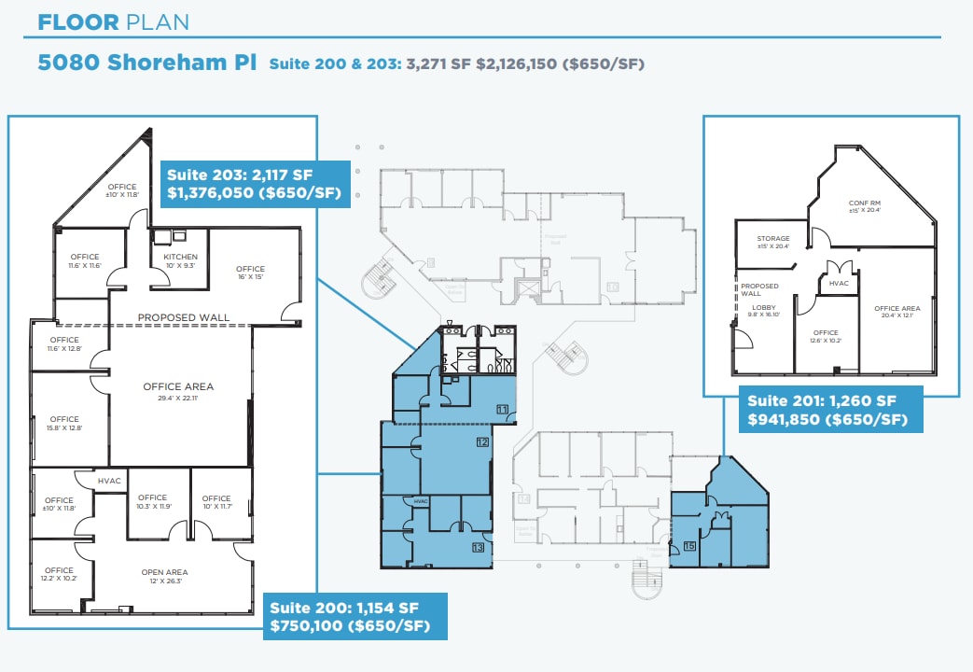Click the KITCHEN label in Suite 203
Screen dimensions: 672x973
[180, 261]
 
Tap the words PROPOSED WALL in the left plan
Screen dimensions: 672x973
[184, 317]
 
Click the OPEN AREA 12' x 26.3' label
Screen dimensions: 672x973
[164, 577]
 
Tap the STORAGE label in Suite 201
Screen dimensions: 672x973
[772, 243]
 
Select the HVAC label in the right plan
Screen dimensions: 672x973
[838, 283]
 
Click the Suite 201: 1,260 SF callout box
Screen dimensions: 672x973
[830, 410]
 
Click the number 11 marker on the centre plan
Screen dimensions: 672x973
[502, 410]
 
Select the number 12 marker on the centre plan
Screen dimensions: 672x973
[482, 442]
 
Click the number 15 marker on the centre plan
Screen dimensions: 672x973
[690, 546]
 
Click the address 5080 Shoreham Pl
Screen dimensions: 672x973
[147, 63]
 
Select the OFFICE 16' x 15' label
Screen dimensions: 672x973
[250, 273]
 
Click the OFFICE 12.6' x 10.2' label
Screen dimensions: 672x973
[825, 337]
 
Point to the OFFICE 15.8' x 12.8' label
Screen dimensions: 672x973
[64, 424]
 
